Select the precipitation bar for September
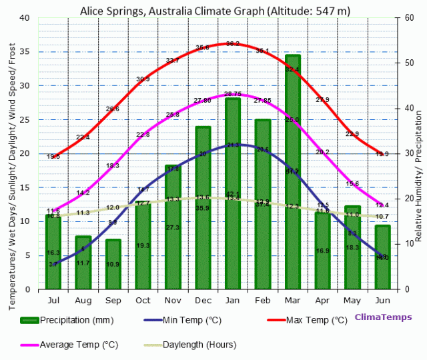(113, 267)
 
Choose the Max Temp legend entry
(316, 320)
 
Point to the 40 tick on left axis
(26, 18)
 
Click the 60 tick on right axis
(408, 18)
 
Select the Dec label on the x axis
(203, 301)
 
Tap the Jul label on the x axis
(53, 301)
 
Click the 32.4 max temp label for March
(292, 69)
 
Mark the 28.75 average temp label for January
(233, 94)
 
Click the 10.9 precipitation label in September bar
(113, 265)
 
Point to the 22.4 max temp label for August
(83, 137)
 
